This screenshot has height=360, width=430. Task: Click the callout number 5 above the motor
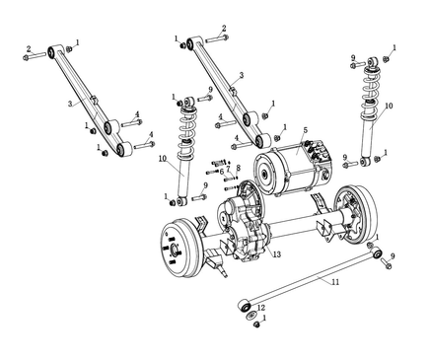pyautogui.click(x=306, y=130)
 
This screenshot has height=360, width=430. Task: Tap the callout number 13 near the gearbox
pyautogui.click(x=277, y=254)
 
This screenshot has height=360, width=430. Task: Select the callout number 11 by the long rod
pyautogui.click(x=335, y=282)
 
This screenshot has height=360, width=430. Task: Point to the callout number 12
pyautogui.click(x=261, y=308)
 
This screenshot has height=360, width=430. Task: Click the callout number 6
pyautogui.click(x=222, y=171)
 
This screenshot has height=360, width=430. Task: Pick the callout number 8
pyautogui.click(x=239, y=168)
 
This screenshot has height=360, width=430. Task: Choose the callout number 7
pyautogui.click(x=229, y=169)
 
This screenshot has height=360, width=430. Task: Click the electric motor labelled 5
pyautogui.click(x=294, y=170)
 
